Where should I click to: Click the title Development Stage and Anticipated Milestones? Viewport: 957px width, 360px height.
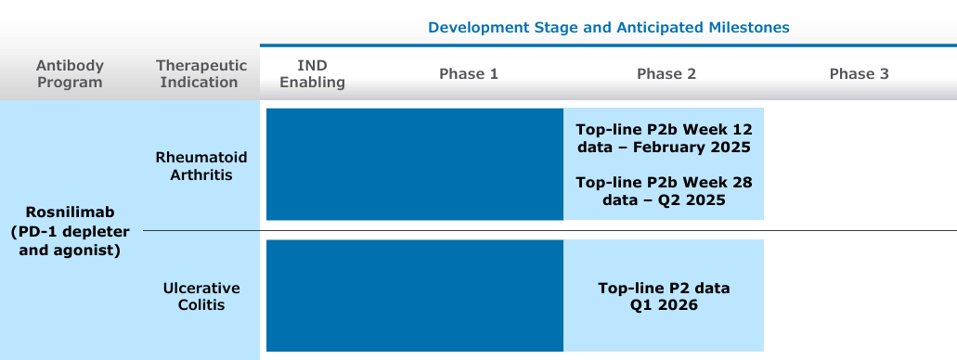point(609,28)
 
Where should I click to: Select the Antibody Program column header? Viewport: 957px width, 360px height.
point(70,74)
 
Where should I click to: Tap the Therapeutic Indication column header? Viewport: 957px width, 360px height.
point(201,74)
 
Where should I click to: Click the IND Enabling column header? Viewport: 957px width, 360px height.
point(313,74)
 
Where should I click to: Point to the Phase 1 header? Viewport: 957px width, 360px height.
point(469,74)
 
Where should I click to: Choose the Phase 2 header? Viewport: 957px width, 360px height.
point(666,74)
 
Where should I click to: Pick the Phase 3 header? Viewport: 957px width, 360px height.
point(860,74)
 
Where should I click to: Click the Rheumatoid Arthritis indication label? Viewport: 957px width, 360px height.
point(201,166)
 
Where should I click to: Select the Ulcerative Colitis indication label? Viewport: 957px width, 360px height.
point(201,297)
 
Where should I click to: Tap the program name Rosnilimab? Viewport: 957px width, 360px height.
point(71,212)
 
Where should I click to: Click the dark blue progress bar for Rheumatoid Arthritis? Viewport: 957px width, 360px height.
point(415,164)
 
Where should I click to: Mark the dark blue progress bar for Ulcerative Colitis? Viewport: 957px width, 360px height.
point(415,295)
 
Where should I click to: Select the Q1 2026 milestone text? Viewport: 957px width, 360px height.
point(664,305)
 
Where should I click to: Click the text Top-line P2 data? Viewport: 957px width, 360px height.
point(664,288)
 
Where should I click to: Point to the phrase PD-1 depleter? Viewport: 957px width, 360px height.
point(73,232)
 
